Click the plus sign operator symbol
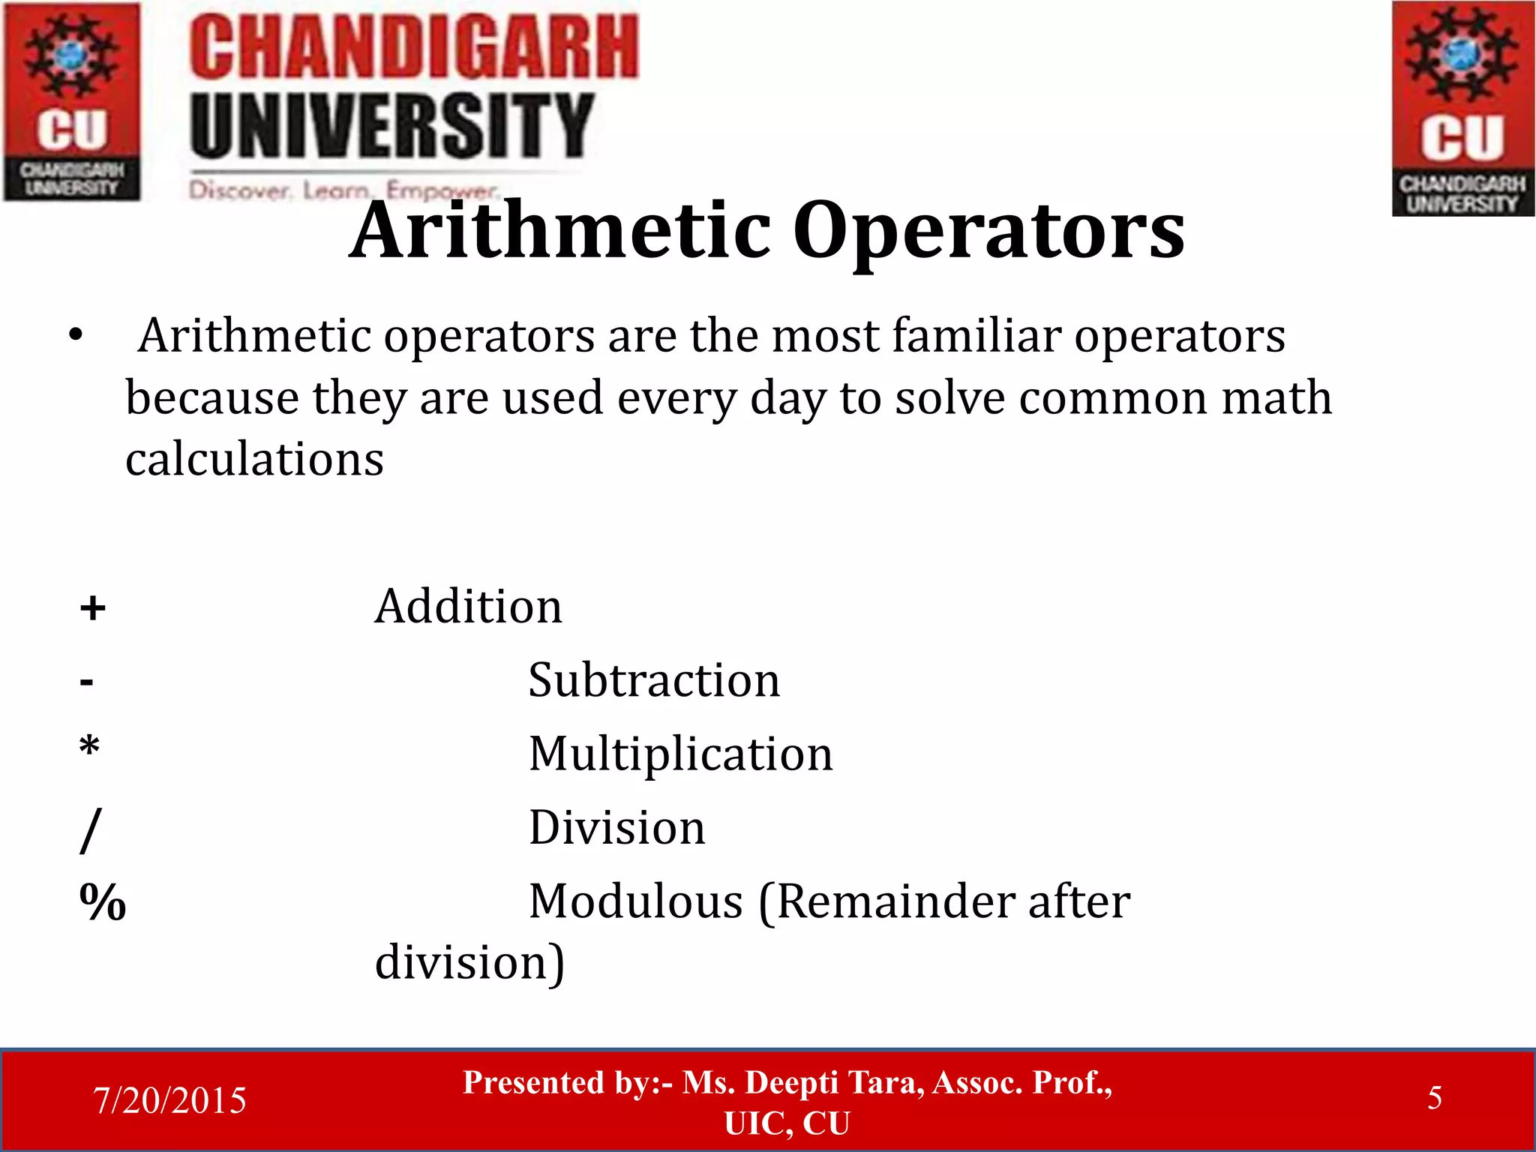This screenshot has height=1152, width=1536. pos(92,607)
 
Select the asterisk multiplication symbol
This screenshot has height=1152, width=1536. pos(89,747)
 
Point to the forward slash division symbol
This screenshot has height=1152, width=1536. pos(90,829)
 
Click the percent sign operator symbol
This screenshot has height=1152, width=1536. pos(103,901)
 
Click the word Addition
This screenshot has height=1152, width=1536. pos(468,606)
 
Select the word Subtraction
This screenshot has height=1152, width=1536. pos(654,680)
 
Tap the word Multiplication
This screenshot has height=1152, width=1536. pos(680,754)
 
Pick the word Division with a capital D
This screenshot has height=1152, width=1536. pos(616,828)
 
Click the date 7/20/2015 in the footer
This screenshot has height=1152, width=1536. pos(169,1100)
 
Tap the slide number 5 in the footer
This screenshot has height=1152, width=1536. pos(1434,1098)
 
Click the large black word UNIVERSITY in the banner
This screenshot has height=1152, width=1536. pos(391,125)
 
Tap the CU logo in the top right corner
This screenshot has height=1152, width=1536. pos(1462,109)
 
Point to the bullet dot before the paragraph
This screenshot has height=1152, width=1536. pos(75,336)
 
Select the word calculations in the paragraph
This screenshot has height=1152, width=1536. pos(254,459)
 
